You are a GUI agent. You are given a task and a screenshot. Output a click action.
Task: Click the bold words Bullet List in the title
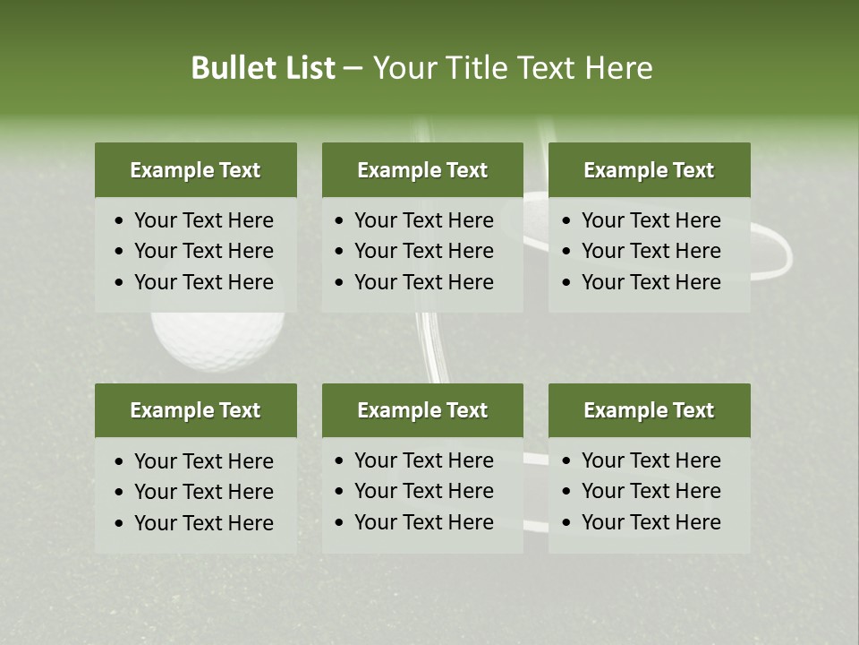point(263,68)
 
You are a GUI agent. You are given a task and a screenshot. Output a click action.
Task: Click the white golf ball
point(217,340)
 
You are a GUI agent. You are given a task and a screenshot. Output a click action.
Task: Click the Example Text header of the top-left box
point(195,170)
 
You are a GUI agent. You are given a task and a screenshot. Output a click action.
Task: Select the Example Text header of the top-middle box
point(422,170)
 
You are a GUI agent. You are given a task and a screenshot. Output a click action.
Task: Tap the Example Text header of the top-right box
point(649,170)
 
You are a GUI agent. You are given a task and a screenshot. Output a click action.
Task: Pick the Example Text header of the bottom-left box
point(195,410)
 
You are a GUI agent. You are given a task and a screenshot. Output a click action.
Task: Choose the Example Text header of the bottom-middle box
point(422,410)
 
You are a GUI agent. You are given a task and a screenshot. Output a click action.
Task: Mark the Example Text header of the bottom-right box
point(649,410)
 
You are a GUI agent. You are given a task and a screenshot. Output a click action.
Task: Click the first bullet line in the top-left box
point(203,220)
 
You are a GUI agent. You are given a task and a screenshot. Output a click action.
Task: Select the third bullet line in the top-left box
point(203,282)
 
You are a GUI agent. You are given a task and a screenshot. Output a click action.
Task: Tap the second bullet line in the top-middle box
point(423,251)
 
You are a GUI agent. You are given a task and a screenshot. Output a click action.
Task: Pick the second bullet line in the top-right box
point(651,251)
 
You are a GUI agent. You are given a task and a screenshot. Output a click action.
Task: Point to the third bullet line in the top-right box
point(651,282)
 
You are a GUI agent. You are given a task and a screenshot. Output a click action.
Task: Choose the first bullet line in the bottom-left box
point(203,461)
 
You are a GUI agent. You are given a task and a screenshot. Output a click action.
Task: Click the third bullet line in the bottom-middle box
point(423,522)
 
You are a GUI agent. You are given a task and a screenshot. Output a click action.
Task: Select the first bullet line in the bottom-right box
point(651,460)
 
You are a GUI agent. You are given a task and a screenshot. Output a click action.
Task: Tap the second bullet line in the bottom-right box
point(651,491)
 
